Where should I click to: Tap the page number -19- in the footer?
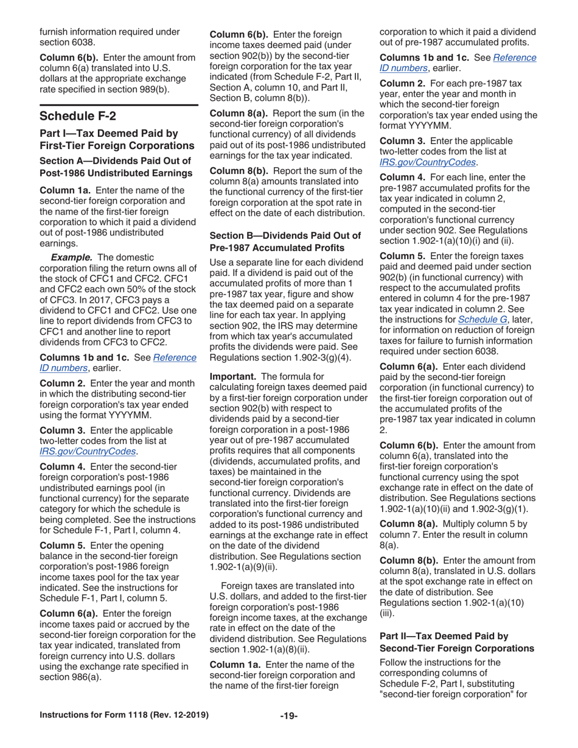[x=288, y=728]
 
